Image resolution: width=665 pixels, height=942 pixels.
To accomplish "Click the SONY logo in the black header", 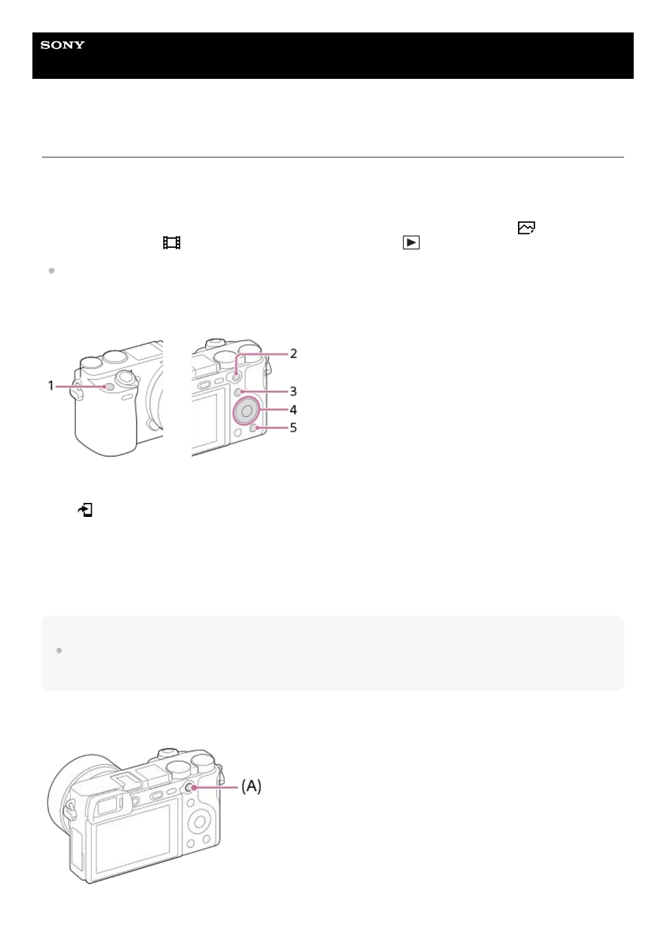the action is (63, 45).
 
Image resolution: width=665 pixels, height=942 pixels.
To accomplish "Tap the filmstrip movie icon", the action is (172, 243).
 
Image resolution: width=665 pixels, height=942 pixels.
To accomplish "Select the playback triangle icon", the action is (411, 243).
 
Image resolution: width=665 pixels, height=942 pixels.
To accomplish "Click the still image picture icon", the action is (526, 228).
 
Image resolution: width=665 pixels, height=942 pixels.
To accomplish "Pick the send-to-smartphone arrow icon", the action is (85, 510).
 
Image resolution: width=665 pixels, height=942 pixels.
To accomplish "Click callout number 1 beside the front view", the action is (51, 385).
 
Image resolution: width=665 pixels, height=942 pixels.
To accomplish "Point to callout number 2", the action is (293, 354).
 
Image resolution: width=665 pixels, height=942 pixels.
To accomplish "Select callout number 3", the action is (293, 391).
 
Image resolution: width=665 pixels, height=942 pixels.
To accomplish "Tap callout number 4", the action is (293, 409).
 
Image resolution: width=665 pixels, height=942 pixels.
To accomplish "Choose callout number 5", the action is (293, 428).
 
